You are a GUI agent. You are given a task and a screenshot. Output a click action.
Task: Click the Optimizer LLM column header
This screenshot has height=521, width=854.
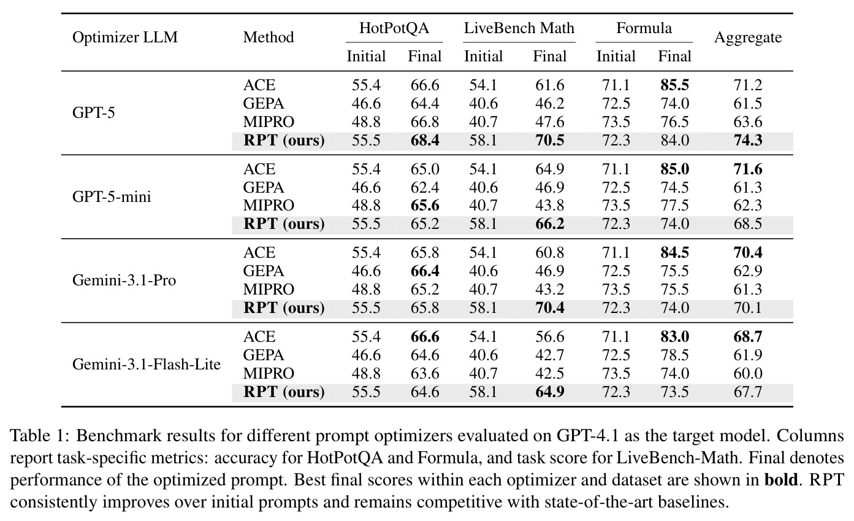click(125, 37)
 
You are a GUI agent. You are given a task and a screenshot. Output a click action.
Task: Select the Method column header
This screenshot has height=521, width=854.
click(269, 37)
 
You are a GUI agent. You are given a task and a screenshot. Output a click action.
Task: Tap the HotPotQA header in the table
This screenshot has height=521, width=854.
click(394, 28)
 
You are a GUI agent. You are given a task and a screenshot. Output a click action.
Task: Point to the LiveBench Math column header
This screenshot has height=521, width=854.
click(519, 28)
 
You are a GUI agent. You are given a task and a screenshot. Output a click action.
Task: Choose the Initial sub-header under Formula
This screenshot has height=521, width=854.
click(616, 56)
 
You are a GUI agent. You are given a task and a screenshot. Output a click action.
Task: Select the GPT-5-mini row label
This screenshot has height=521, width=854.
click(112, 196)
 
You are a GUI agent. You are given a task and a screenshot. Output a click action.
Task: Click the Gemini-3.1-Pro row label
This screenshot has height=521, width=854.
click(124, 280)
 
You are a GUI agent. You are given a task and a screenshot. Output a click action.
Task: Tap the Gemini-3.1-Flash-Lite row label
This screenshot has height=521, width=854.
click(147, 365)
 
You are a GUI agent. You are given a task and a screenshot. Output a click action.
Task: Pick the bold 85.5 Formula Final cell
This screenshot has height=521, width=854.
click(675, 85)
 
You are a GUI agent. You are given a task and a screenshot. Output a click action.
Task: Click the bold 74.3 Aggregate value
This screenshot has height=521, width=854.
click(748, 141)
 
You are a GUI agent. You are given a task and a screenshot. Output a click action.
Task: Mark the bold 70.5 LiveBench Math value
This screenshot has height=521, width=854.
click(550, 141)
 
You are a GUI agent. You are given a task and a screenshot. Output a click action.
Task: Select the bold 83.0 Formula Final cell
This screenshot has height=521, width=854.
click(675, 337)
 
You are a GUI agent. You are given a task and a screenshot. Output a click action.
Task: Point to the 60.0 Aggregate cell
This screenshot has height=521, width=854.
click(748, 374)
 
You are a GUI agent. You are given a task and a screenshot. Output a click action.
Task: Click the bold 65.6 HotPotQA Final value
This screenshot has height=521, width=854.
click(425, 206)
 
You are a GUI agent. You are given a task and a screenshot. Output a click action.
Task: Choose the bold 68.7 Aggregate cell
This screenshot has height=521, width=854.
click(748, 337)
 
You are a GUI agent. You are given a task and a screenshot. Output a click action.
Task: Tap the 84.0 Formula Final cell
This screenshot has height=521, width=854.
click(675, 141)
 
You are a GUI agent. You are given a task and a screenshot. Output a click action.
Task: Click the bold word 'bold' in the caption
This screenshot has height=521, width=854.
click(781, 479)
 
